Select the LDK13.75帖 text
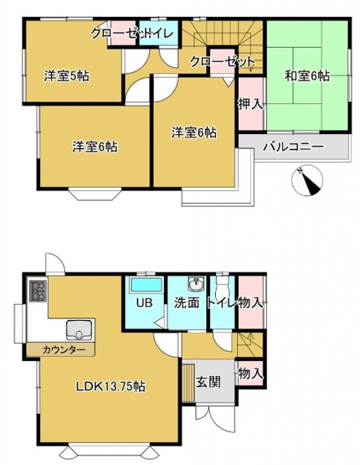[111, 386]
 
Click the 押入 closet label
[249, 105]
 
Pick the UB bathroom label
[143, 302]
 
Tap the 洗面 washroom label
[187, 302]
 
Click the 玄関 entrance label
[208, 382]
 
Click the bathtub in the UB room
[144, 286]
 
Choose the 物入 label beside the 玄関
[249, 373]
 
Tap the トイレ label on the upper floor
[161, 34]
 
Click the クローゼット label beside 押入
[221, 61]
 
